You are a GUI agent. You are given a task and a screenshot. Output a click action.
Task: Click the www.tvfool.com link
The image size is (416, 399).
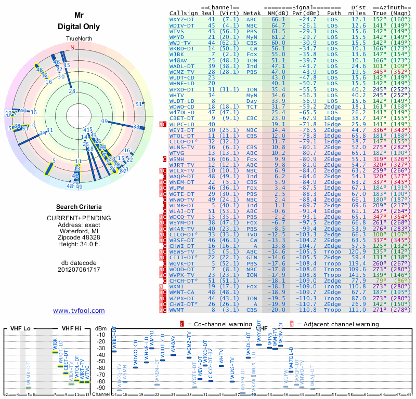tap(79, 311)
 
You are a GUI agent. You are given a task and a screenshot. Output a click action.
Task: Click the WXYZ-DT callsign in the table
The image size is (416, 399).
tap(183, 20)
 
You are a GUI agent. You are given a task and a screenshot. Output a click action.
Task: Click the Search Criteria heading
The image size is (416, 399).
tap(79, 207)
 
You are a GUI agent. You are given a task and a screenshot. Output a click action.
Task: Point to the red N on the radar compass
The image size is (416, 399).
tap(72, 48)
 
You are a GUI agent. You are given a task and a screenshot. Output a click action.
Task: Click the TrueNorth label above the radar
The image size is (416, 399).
tap(79, 39)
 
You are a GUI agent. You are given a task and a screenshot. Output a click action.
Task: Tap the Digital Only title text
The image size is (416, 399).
tap(79, 26)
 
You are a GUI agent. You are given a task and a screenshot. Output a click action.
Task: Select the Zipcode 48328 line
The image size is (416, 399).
tap(79, 243)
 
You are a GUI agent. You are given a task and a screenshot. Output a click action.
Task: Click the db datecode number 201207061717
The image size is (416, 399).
tap(79, 270)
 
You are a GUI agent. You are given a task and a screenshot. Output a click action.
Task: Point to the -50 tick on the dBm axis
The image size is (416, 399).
tap(102, 361)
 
